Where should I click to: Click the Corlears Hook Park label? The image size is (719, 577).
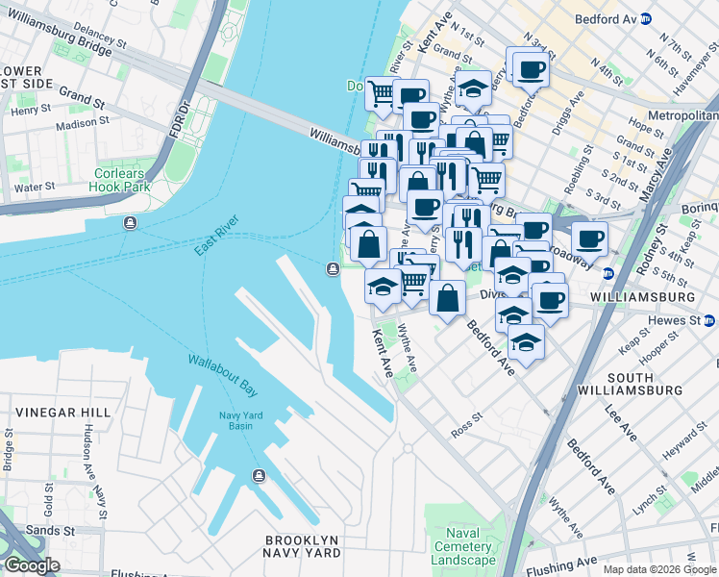pyautogui.click(x=119, y=180)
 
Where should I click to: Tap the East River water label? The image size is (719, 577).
pyautogui.click(x=215, y=237)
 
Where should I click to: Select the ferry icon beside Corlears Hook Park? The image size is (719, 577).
pyautogui.click(x=130, y=224)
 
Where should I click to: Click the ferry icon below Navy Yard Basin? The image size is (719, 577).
pyautogui.click(x=258, y=476)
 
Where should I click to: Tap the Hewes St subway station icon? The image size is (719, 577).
pyautogui.click(x=709, y=319)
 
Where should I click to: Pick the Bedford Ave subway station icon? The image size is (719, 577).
pyautogui.click(x=647, y=18)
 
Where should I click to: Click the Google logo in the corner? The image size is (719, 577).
pyautogui.click(x=32, y=565)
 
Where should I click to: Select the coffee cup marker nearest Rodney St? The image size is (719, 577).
pyautogui.click(x=590, y=238)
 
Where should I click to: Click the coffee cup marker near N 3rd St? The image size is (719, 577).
pyautogui.click(x=530, y=68)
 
